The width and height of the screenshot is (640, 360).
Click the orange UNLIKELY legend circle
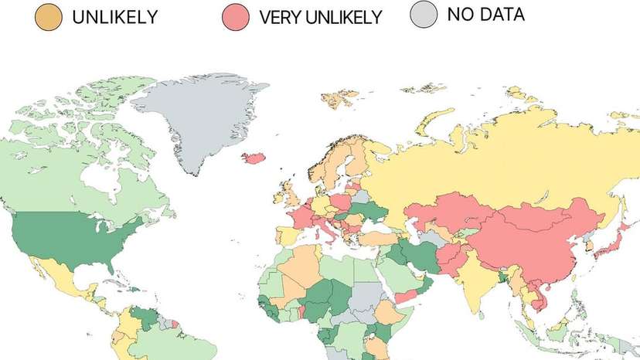click(x=49, y=17)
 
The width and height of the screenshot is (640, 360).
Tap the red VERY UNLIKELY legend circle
click(x=236, y=17)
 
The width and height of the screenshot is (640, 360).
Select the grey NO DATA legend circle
click(x=424, y=15)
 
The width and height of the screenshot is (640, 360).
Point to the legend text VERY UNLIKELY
click(x=321, y=17)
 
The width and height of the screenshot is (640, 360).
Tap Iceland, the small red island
click(x=254, y=158)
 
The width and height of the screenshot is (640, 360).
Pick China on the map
click(x=526, y=247)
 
